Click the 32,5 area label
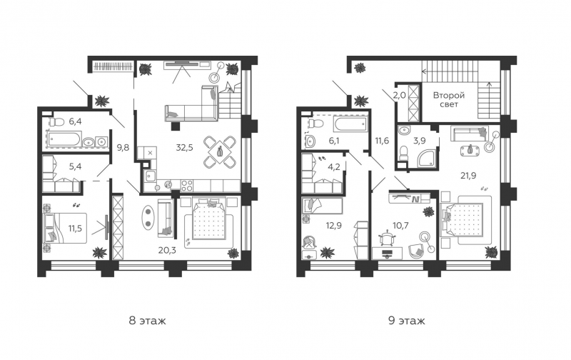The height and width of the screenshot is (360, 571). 184,148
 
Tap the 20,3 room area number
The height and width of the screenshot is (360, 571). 168,250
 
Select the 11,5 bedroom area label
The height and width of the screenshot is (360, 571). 75,229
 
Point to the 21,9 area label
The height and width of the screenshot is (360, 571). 468,176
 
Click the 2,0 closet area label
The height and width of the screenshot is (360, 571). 399,96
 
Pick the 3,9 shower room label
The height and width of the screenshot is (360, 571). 420,140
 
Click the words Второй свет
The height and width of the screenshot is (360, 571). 449,100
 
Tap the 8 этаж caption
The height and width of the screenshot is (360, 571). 147,321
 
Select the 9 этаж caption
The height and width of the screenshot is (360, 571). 406,321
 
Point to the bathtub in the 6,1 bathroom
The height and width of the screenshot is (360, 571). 350,124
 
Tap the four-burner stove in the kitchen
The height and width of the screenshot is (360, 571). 186,186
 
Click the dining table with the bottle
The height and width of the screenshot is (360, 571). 220,152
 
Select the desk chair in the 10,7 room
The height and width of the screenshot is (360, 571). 387,239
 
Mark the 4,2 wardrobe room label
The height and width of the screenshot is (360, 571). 333,168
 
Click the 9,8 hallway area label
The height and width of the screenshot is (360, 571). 123,148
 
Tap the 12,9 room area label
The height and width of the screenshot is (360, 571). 333,226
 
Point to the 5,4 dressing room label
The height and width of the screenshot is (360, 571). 75,166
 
